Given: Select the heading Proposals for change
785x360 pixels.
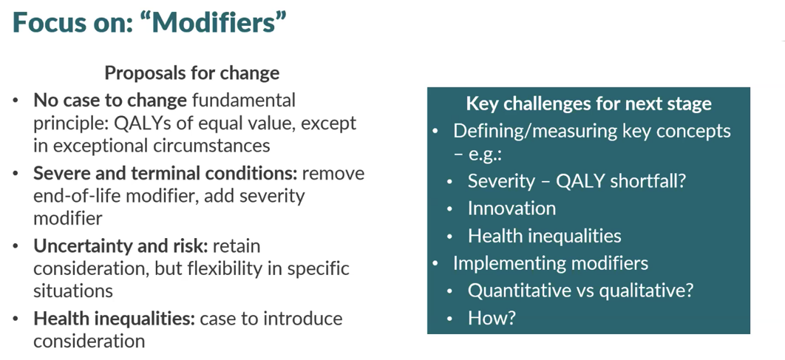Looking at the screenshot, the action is click(x=191, y=73).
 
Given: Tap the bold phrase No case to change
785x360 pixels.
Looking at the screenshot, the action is click(x=110, y=101).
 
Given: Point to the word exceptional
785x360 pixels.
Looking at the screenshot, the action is click(x=101, y=146).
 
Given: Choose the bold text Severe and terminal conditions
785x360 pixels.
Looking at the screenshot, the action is click(x=166, y=173).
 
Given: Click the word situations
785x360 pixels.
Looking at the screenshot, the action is click(x=73, y=291).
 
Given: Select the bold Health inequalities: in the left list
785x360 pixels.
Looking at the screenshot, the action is click(x=114, y=319).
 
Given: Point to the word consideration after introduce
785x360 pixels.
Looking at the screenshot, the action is click(x=89, y=341).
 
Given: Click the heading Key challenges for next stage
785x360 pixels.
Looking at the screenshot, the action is click(x=588, y=103).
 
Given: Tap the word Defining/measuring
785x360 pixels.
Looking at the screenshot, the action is click(x=529, y=131).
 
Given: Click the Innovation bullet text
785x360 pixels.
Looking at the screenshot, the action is click(x=512, y=208).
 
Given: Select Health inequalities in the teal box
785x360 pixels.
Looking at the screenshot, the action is click(x=545, y=235).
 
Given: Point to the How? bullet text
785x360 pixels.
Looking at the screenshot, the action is click(x=492, y=317).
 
